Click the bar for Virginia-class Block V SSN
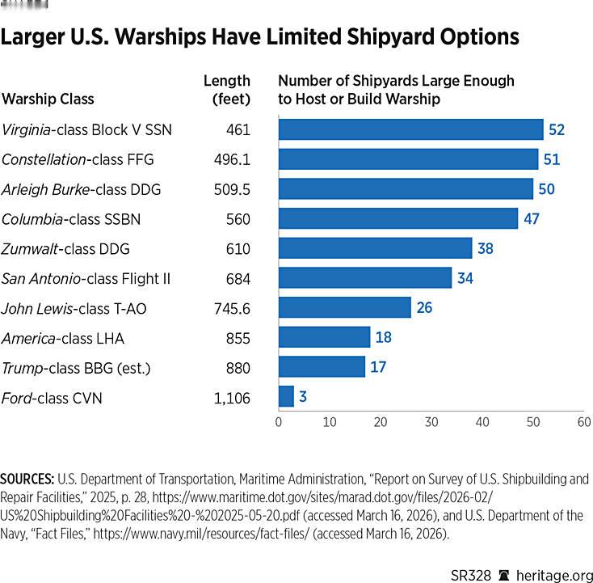point(410,129)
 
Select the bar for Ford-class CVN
point(286,396)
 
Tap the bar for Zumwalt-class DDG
point(375,248)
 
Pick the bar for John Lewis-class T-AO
point(344,307)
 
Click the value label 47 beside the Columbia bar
point(531,219)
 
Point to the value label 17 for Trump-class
point(377,368)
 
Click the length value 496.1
point(233,159)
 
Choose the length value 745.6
point(233,308)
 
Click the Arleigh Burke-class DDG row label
point(82,189)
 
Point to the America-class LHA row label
point(63,338)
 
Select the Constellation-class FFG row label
point(78,159)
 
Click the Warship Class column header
point(48,99)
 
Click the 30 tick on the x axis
point(431,422)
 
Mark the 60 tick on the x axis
point(583,422)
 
